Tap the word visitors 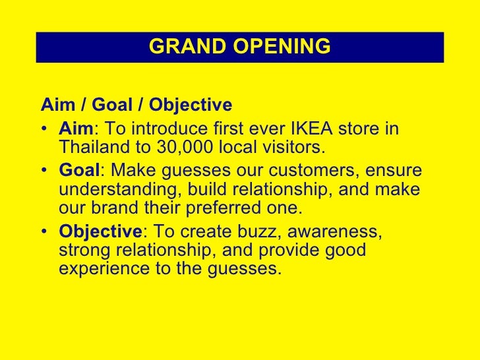(x=289, y=146)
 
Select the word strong (x=84, y=251)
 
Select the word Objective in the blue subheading (x=191, y=105)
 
